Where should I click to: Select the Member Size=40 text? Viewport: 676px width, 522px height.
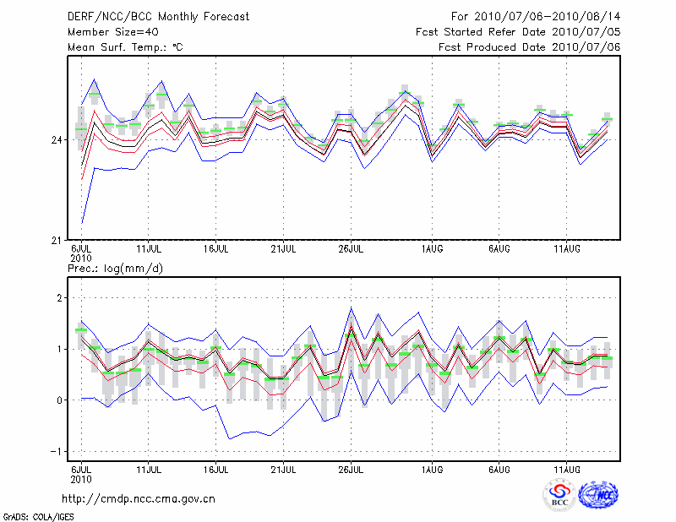[x=106, y=32]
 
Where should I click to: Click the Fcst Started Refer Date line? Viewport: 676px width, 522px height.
[x=519, y=32]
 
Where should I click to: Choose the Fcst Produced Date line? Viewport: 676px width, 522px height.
[x=530, y=47]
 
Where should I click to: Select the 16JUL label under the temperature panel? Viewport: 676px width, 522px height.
[x=217, y=249]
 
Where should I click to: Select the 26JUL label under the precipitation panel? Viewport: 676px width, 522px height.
[x=351, y=469]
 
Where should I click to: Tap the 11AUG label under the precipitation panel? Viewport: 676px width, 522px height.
[x=566, y=469]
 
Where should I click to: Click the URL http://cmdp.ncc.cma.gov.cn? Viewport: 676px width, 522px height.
[x=139, y=498]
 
